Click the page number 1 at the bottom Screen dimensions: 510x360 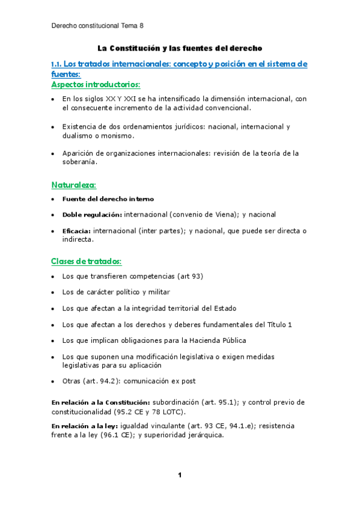click(179, 476)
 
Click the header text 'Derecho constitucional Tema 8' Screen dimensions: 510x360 click(98, 26)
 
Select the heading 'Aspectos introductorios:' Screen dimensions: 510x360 click(96, 85)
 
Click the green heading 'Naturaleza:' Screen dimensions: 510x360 click(73, 184)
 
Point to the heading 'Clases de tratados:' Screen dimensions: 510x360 click(87, 262)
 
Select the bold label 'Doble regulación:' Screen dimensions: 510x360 click(92, 214)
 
